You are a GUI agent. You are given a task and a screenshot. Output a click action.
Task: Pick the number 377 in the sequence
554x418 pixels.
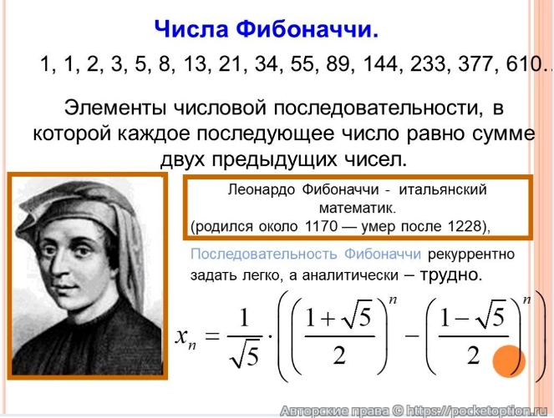pyautogui.click(x=458, y=65)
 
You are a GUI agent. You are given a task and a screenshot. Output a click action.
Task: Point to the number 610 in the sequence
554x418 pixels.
pyautogui.click(x=507, y=65)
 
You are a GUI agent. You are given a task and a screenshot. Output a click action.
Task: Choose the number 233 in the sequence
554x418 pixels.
pyautogui.click(x=410, y=65)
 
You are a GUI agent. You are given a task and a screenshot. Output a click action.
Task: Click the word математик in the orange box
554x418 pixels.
pyautogui.click(x=356, y=206)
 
